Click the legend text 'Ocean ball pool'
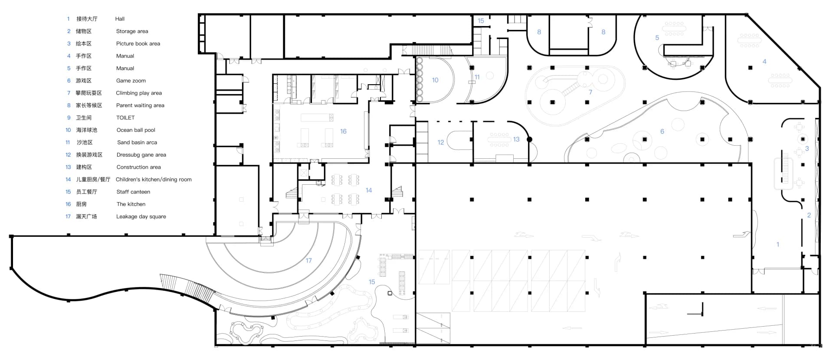point(136,130)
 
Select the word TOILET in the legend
point(125,118)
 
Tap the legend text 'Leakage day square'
point(141,216)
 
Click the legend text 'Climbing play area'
point(139,93)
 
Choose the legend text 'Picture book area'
point(138,44)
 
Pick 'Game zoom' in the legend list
point(131,81)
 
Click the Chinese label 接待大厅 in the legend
point(87,19)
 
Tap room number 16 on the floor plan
point(343,131)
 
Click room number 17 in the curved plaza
point(308,261)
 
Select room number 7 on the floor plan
point(590,92)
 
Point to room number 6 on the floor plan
point(662,131)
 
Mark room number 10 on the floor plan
point(435,80)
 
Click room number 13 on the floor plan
point(516,139)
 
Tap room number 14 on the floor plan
point(369,190)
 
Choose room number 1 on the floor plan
point(778,244)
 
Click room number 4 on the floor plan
point(764,62)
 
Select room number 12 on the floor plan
point(441,142)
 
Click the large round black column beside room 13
point(529,139)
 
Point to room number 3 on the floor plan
point(807,148)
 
